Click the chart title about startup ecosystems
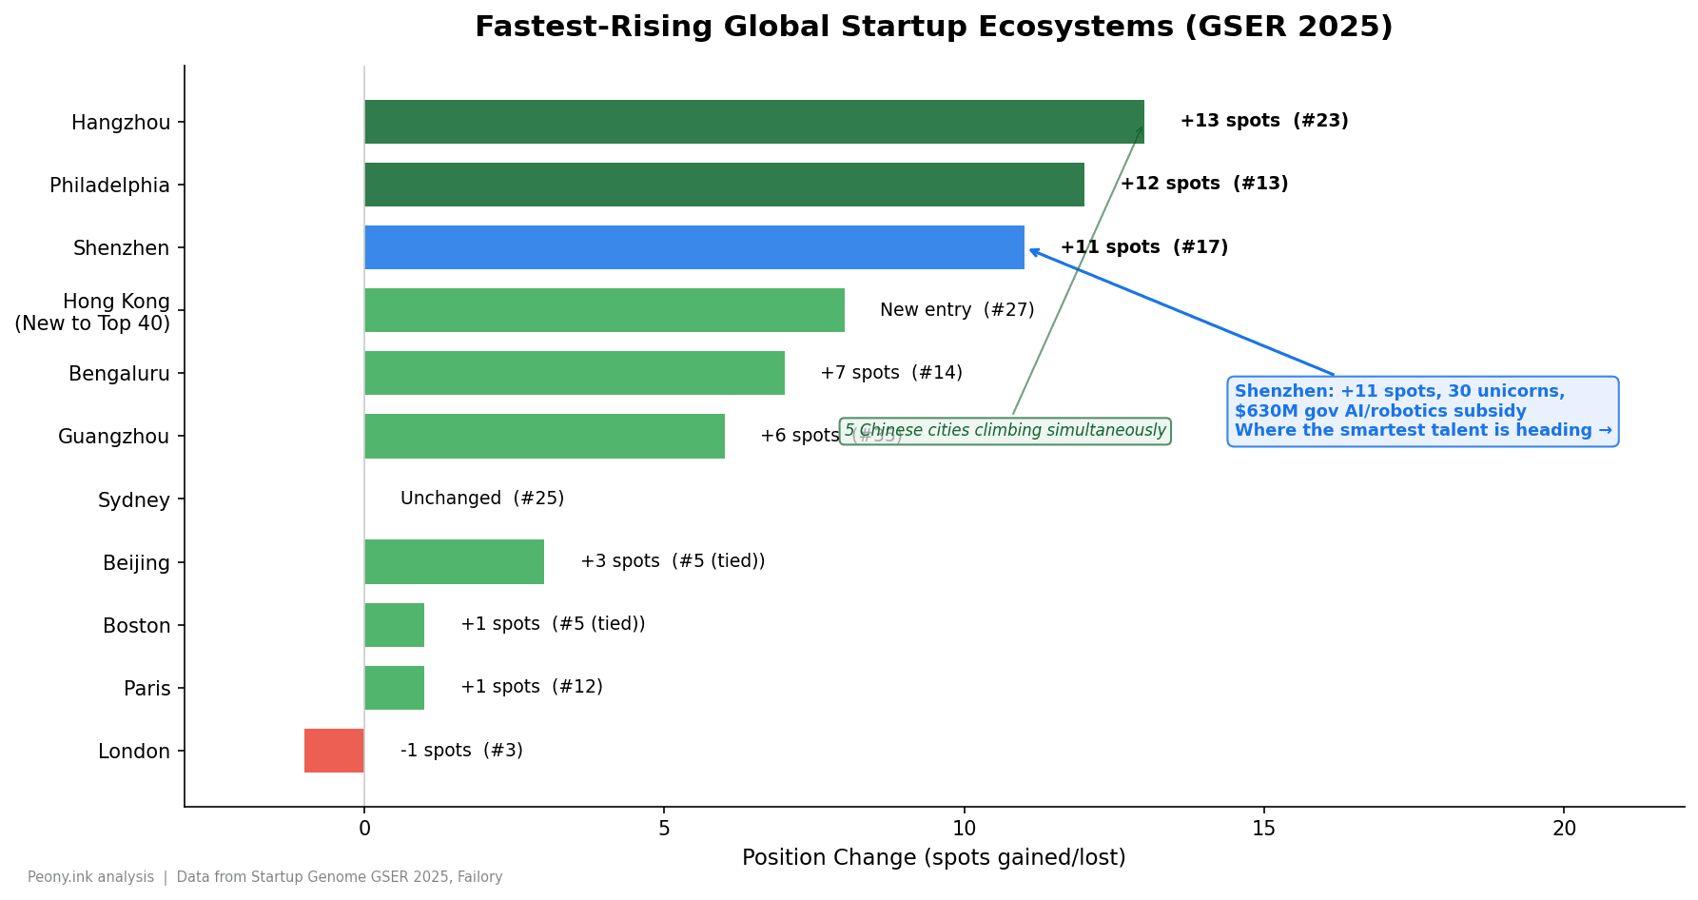click(x=933, y=27)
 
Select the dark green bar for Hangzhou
click(x=753, y=122)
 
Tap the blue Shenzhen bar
click(x=693, y=247)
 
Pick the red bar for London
click(x=334, y=751)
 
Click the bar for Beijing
click(x=454, y=562)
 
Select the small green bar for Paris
click(x=394, y=688)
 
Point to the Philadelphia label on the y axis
click(x=109, y=186)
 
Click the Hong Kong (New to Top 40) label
click(x=92, y=312)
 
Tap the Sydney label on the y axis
click(x=133, y=500)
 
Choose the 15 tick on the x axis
click(x=1263, y=829)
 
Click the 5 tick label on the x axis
click(x=664, y=829)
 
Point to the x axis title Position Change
click(x=933, y=858)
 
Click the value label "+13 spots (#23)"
click(x=1263, y=122)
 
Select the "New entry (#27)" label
click(x=956, y=310)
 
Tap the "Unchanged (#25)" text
click(x=481, y=499)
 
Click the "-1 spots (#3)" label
click(x=461, y=751)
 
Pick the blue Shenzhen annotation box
click(x=1422, y=411)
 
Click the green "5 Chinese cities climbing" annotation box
click(x=1005, y=431)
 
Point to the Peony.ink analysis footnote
click(x=264, y=877)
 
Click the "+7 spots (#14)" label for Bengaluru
click(x=890, y=373)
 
